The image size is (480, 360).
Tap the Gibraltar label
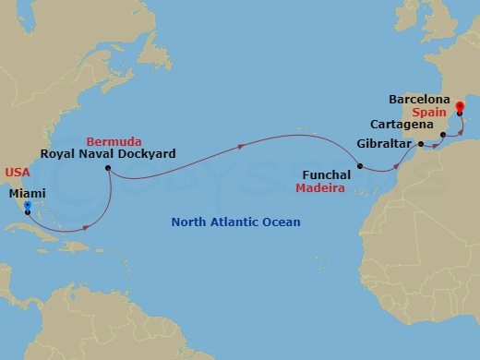(382, 144)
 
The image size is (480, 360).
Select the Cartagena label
(402, 124)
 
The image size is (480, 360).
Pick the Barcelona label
(419, 97)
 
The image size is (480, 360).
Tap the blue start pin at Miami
(28, 207)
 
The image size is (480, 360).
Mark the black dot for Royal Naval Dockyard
(108, 169)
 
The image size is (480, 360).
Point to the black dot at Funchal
(361, 167)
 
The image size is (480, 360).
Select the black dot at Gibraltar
(420, 144)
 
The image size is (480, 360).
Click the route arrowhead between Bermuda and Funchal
(243, 145)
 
